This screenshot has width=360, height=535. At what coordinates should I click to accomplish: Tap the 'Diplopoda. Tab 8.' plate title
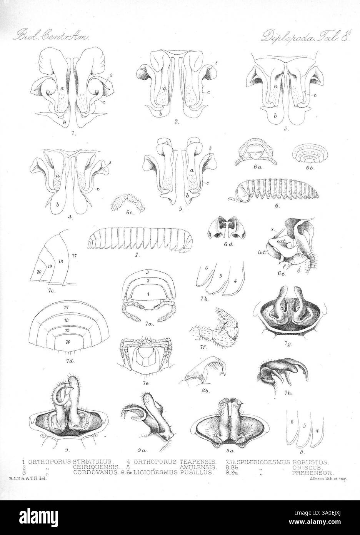[304, 37]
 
